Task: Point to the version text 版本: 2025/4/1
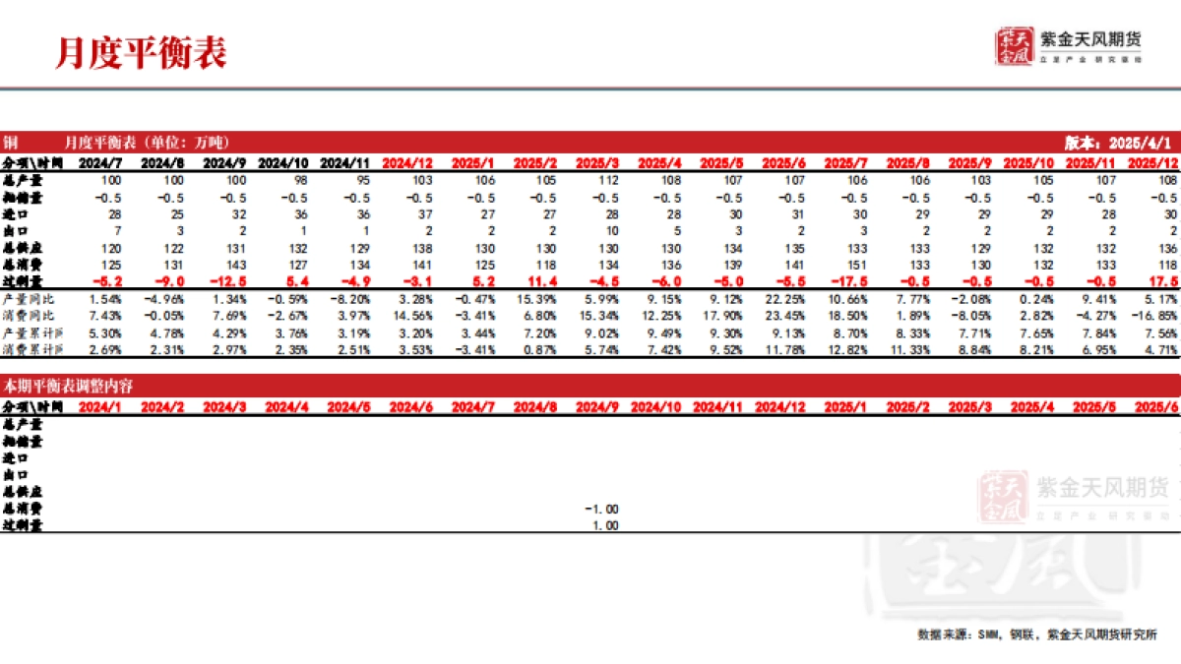tap(1121, 142)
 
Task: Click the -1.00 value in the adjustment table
tap(601, 509)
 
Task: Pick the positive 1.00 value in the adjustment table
tap(604, 525)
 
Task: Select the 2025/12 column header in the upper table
tap(1153, 161)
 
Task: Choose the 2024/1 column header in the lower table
tap(100, 405)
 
